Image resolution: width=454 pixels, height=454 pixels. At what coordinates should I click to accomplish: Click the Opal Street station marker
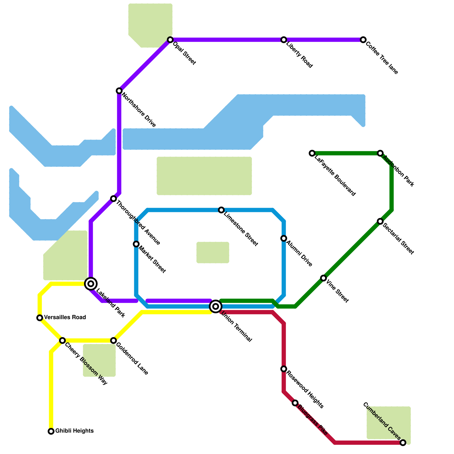click(170, 40)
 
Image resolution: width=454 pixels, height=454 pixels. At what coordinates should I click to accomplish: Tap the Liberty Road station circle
click(284, 40)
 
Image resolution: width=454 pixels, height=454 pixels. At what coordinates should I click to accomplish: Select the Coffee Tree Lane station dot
click(363, 40)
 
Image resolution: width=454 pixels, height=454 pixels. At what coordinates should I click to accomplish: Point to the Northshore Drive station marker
click(119, 91)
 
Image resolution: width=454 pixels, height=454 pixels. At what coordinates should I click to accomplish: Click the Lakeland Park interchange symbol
click(91, 283)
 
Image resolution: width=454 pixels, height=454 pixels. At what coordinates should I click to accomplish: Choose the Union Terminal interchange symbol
click(216, 306)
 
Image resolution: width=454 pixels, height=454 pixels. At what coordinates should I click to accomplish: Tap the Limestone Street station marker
click(221, 210)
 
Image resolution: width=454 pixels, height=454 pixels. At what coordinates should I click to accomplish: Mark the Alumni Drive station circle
click(284, 238)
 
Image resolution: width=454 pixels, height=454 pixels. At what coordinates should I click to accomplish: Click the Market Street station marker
click(136, 244)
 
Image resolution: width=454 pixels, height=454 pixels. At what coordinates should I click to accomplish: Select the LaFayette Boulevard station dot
click(312, 153)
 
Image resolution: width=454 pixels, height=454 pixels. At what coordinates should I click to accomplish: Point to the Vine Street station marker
click(323, 278)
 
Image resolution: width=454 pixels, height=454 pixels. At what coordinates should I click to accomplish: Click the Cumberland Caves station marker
click(403, 443)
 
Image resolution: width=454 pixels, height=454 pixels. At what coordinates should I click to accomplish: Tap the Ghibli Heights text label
click(74, 431)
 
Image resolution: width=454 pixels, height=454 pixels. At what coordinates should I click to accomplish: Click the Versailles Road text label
click(65, 317)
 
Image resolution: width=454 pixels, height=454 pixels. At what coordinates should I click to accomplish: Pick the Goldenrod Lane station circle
click(113, 340)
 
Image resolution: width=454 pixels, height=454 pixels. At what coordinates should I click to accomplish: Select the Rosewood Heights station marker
click(284, 369)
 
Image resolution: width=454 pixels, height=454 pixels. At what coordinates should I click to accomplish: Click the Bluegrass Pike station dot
click(295, 403)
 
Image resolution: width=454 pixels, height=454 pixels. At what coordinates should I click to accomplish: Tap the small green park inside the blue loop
click(213, 253)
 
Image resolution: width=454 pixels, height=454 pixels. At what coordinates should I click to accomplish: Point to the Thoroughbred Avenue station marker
click(113, 199)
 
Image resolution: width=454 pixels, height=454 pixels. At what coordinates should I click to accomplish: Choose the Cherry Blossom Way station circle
click(62, 340)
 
